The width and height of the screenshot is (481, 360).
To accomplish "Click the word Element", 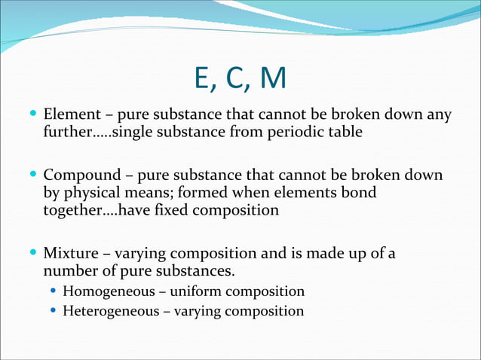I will (71, 115).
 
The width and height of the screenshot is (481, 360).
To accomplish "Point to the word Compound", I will (80, 175).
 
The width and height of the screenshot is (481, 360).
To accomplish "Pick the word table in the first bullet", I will (346, 133).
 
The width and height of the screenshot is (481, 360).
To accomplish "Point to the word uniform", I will (205, 291).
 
